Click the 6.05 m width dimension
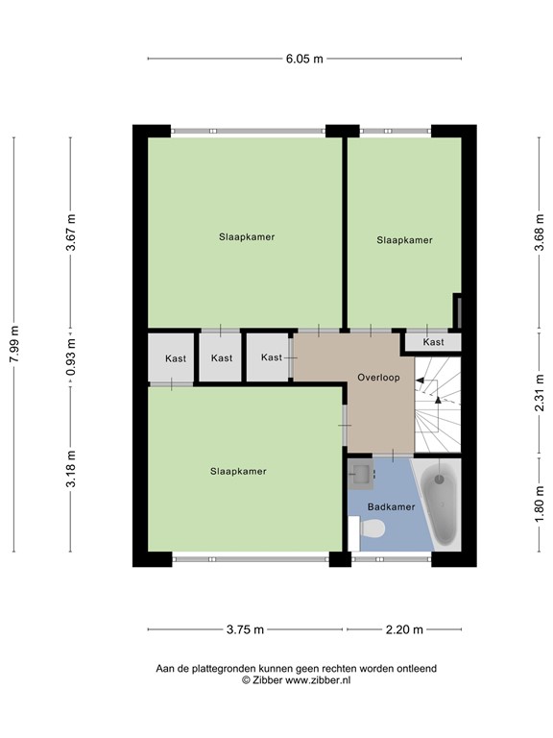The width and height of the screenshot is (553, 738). coord(304,59)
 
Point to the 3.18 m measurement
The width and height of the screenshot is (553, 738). coord(70,468)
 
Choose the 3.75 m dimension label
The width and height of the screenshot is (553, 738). coord(245,630)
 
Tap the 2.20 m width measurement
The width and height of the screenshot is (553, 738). coord(403,630)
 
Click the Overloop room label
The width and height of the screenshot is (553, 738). coord(377,378)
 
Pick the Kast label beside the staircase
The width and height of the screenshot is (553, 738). coord(433,342)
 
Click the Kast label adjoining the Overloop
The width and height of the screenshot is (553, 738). coord(272,357)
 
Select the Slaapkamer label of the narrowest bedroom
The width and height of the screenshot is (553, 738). coord(404,240)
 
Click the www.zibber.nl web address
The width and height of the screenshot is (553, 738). coord(318,679)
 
